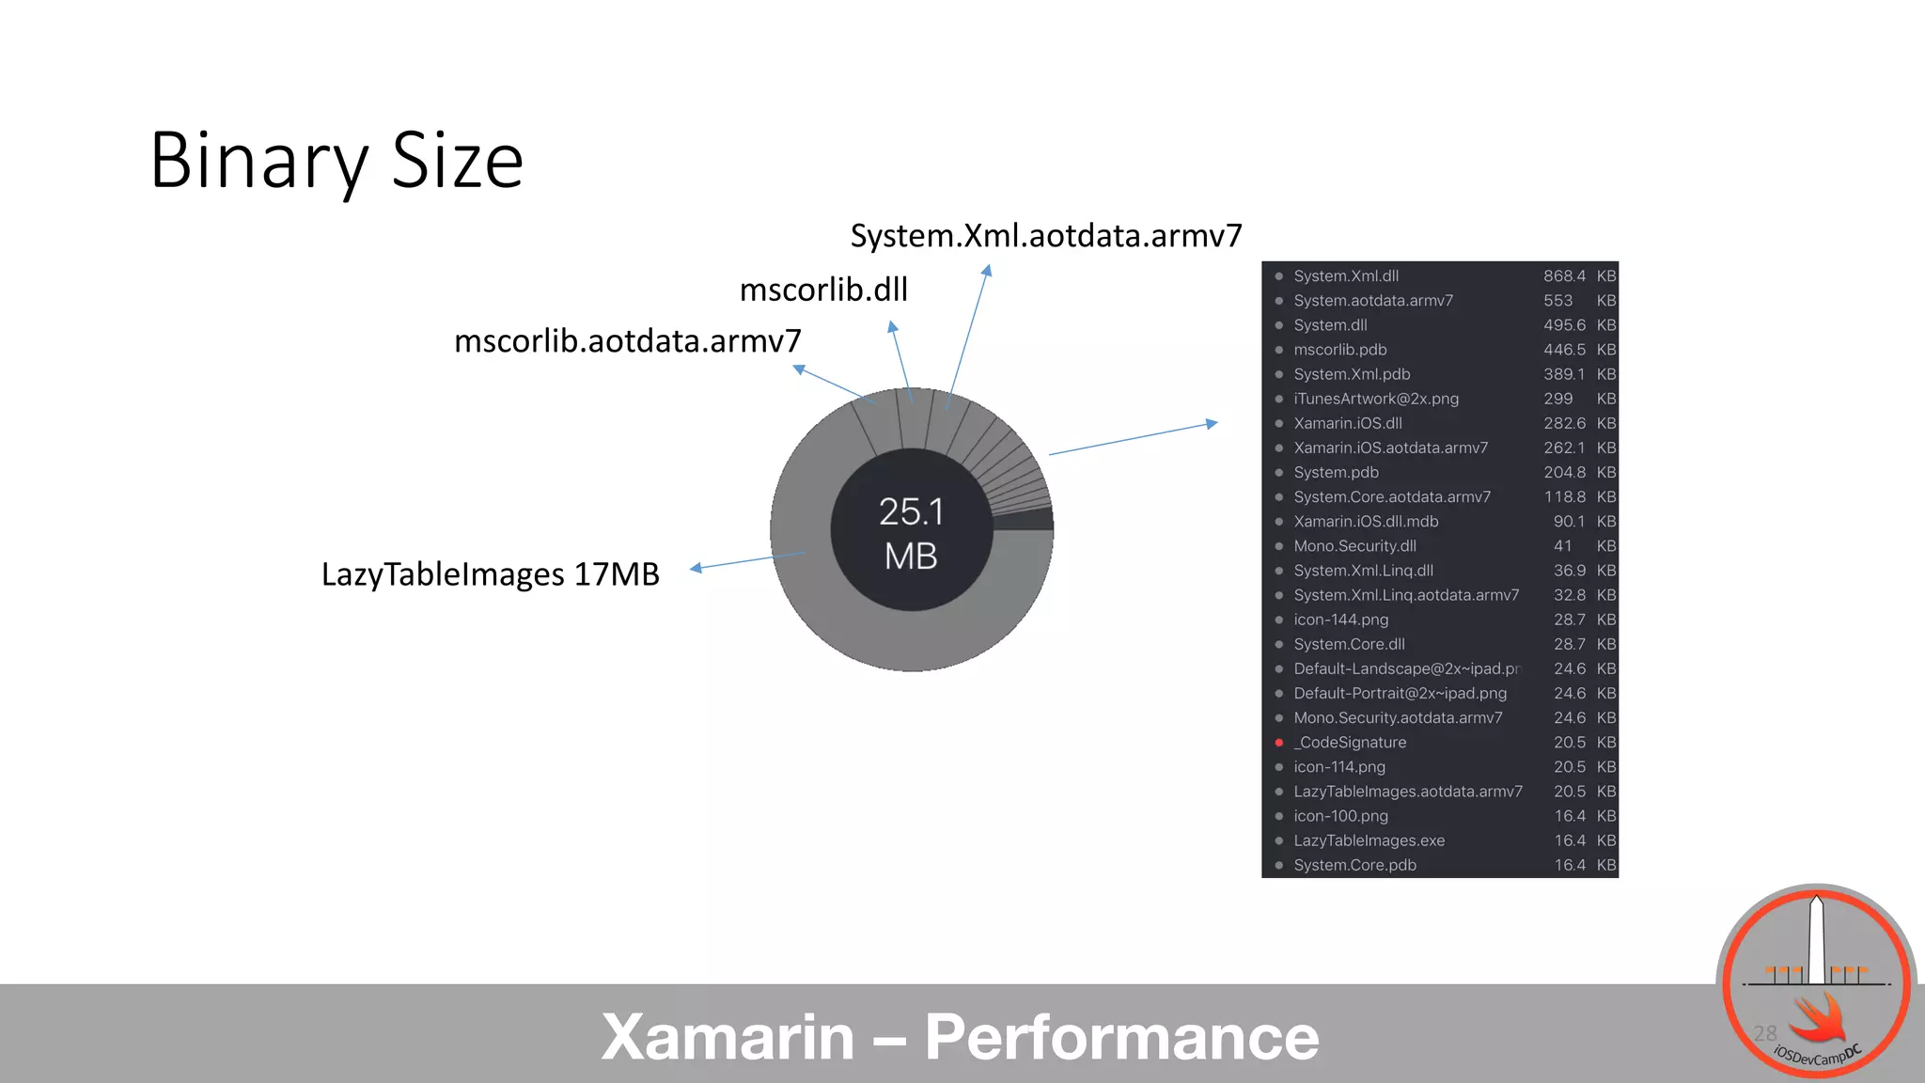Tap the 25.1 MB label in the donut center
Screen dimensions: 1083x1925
[911, 533]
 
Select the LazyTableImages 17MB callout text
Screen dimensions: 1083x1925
[490, 574]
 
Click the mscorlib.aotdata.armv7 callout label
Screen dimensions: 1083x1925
[627, 341]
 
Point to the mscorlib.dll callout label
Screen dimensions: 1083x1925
[823, 290]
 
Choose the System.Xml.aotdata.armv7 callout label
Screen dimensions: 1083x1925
[1046, 236]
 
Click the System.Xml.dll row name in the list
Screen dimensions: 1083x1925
[1346, 276]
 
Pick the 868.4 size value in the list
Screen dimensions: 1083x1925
[1564, 276]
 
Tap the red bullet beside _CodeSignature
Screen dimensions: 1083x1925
[1279, 743]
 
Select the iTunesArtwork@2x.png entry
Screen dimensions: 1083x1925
[1376, 399]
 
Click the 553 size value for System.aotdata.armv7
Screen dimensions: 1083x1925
[1557, 301]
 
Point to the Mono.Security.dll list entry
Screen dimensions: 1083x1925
[1354, 546]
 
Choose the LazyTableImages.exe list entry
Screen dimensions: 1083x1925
[1369, 840]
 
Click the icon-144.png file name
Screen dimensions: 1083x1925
[1340, 620]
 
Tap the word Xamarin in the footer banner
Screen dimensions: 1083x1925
[728, 1037]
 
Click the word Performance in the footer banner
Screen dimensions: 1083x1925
[1121, 1037]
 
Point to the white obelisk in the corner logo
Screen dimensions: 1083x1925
[1816, 940]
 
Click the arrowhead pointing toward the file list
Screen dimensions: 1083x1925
[1213, 424]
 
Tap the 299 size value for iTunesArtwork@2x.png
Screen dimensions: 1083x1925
[1557, 399]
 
